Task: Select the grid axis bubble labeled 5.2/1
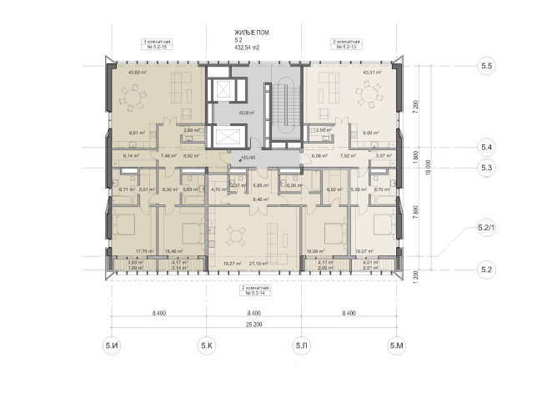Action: (x=485, y=227)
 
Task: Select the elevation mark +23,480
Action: (x=247, y=158)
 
